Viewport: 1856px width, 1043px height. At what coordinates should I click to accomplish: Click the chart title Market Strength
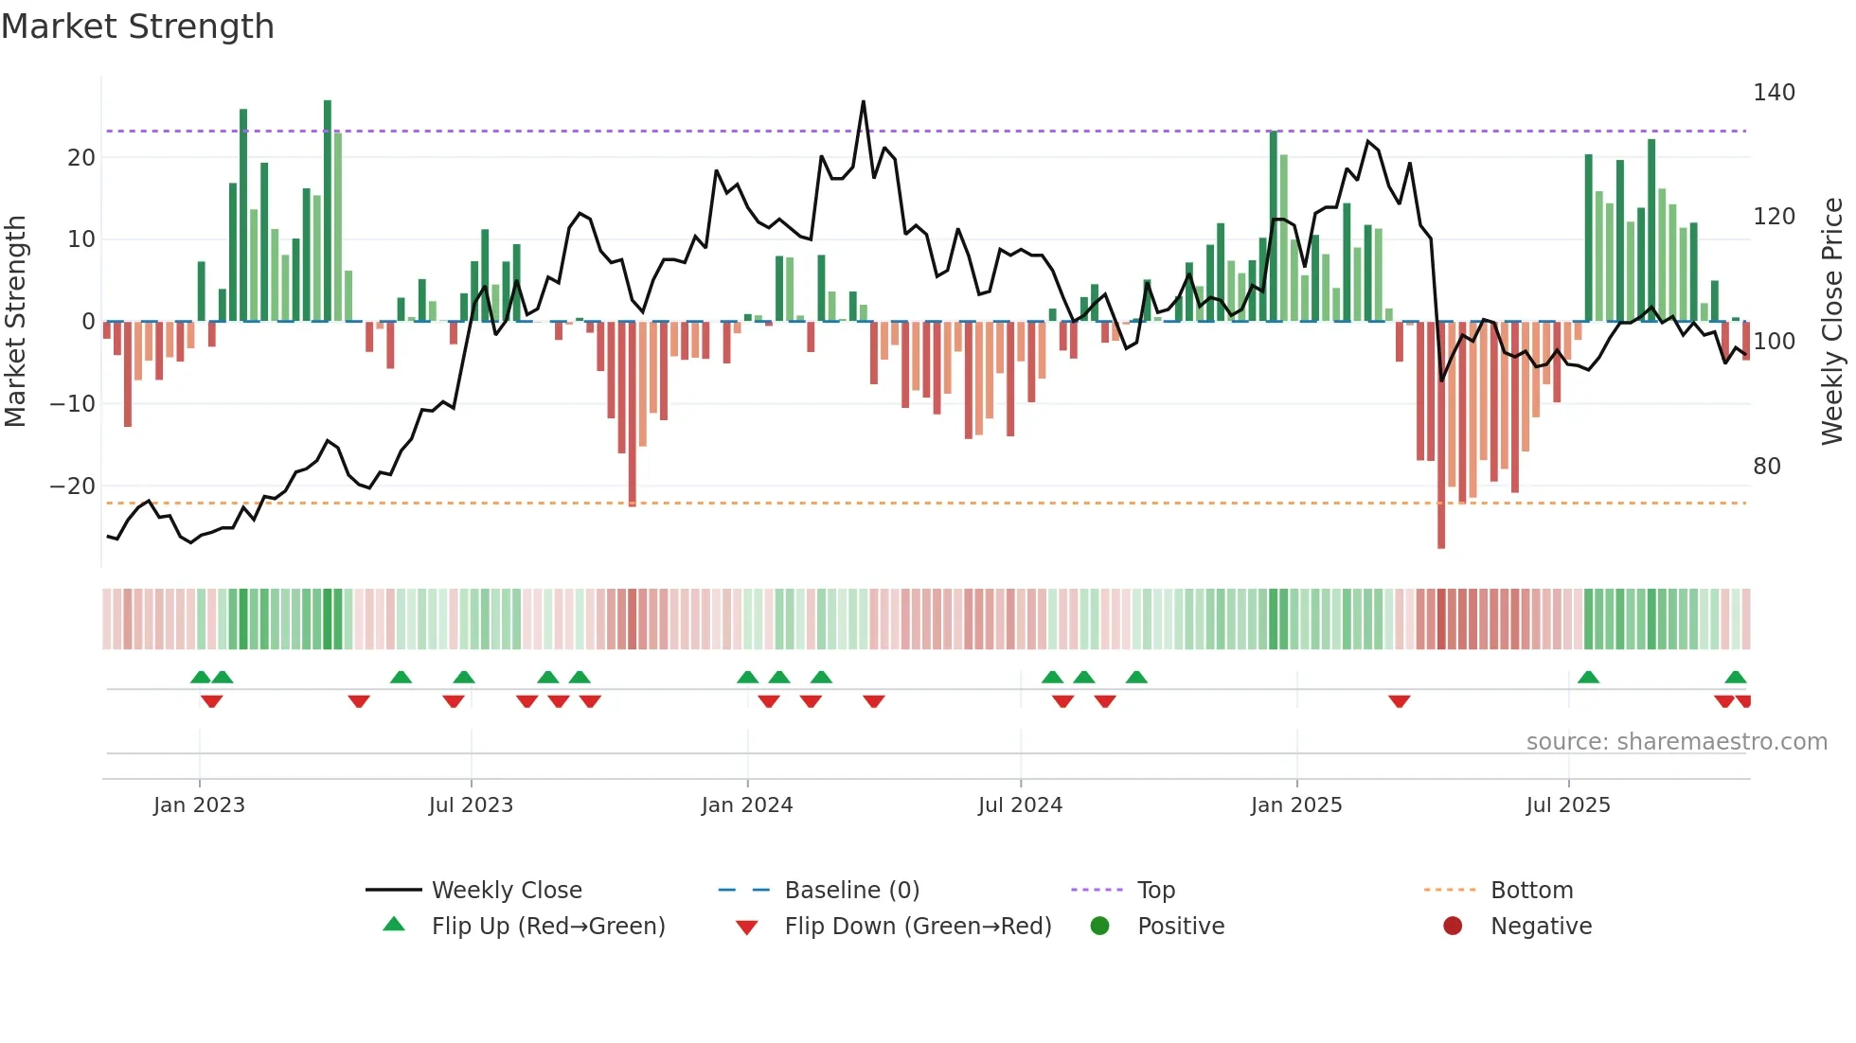(137, 27)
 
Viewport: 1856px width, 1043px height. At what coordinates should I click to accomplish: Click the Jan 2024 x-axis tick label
(746, 805)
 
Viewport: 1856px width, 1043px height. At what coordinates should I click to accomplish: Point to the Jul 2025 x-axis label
(1567, 805)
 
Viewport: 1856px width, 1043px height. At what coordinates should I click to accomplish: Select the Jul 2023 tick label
(471, 805)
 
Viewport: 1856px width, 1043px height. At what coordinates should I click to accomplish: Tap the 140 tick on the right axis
(1773, 93)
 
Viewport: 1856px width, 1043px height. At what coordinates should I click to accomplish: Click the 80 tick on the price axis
(1766, 467)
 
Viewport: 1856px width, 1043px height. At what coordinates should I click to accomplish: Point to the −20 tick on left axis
(73, 486)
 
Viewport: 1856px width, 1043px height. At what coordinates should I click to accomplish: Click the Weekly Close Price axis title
(1832, 322)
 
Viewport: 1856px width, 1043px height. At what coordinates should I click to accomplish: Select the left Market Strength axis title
(15, 322)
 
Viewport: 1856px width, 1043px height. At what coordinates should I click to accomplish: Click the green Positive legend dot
(1099, 927)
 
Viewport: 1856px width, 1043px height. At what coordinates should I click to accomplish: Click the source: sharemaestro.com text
(1676, 742)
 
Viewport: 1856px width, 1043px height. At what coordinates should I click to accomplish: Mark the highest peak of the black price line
(863, 101)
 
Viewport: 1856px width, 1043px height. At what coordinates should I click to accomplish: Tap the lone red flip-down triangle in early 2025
(1400, 701)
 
